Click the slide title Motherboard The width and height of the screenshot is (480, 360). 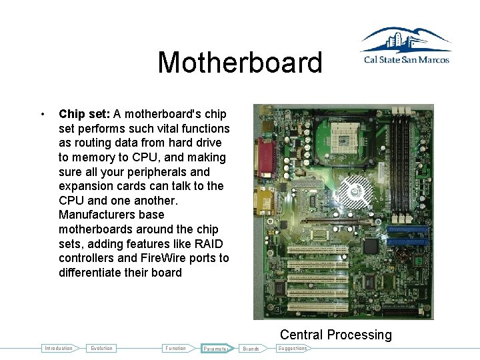tap(239, 63)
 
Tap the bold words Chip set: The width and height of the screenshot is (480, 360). tap(84, 114)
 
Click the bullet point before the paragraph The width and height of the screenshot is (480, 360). tap(43, 114)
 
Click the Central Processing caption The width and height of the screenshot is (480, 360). tap(335, 335)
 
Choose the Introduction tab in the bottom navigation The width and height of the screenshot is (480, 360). tap(58, 348)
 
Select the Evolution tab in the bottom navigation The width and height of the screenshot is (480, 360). tap(102, 348)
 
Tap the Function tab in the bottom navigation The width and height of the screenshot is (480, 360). tap(176, 348)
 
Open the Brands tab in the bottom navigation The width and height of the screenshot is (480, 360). tap(251, 348)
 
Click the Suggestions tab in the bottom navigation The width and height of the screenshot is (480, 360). tap(292, 348)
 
